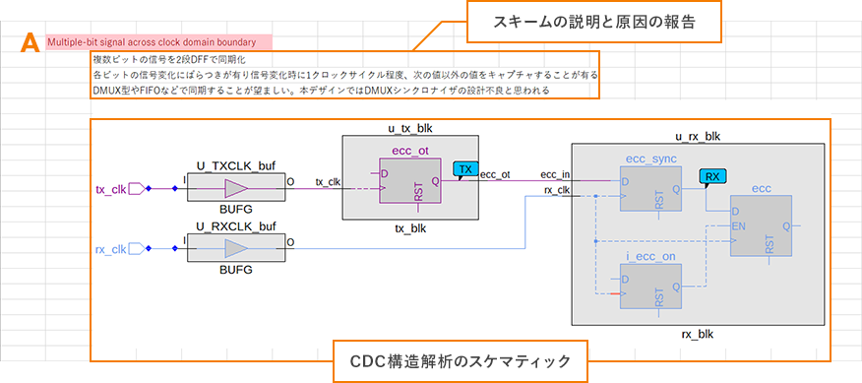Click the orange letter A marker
click(x=30, y=42)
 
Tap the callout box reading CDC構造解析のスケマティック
click(x=461, y=360)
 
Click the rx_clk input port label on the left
click(x=110, y=248)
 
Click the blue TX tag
click(x=466, y=170)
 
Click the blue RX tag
click(x=710, y=177)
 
